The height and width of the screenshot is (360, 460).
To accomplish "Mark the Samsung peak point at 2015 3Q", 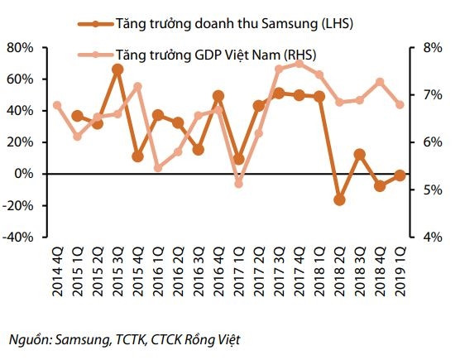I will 117,70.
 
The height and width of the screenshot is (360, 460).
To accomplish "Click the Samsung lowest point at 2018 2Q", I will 339,199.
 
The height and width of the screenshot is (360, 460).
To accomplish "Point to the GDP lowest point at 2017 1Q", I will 239,183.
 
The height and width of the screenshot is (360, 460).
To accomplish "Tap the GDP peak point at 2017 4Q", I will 299,64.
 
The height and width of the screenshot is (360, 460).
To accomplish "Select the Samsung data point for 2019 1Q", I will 400,175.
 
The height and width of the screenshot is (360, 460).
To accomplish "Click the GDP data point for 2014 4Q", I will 57,105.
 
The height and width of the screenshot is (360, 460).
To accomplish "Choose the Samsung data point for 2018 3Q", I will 359,154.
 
